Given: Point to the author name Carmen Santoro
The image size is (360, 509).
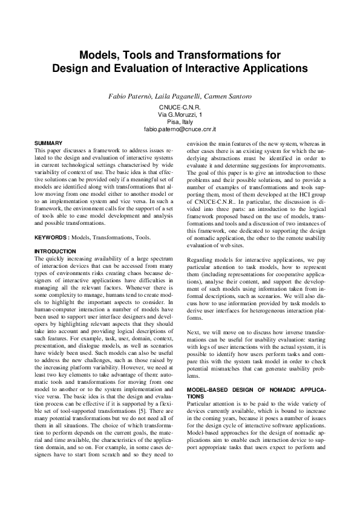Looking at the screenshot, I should tap(228, 97).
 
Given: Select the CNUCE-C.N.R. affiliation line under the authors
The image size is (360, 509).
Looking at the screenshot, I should tap(180, 107).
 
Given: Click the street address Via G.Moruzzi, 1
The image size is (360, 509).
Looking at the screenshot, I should tap(180, 114).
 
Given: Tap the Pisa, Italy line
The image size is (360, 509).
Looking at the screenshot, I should tap(180, 122).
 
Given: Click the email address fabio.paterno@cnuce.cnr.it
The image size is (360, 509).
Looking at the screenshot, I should tap(180, 129).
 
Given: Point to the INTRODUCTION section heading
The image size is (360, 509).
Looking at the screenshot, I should tap(55, 251).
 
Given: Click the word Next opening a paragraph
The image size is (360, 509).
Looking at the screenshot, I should tap(193, 332).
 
